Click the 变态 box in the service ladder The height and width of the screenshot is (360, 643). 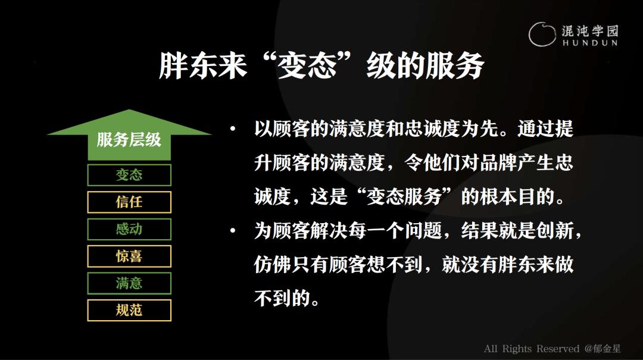click(129, 175)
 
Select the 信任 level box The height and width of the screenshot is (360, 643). click(129, 202)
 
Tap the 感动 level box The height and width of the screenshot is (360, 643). click(129, 229)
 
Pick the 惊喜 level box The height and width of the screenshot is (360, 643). click(129, 256)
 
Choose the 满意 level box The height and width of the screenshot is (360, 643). click(129, 283)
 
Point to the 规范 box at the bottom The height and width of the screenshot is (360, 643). click(129, 311)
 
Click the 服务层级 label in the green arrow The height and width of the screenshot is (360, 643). click(129, 140)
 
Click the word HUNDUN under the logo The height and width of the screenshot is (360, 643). click(589, 43)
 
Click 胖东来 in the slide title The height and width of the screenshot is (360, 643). click(202, 65)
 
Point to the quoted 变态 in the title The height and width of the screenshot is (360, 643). click(307, 65)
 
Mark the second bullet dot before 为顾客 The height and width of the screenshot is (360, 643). click(233, 231)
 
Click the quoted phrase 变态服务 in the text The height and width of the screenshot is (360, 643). click(404, 197)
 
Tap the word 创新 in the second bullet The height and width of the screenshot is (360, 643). click(555, 231)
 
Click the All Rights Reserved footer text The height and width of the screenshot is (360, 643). click(532, 349)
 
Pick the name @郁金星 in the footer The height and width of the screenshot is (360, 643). click(603, 349)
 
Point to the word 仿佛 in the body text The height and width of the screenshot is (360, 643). click(273, 264)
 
